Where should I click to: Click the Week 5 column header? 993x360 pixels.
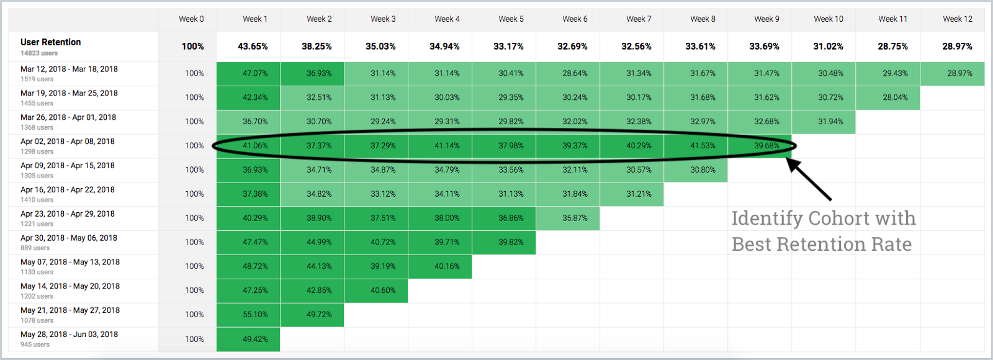(511, 19)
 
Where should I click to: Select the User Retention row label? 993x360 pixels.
(51, 42)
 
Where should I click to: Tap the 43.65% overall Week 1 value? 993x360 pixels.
(253, 47)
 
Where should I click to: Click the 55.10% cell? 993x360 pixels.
(255, 315)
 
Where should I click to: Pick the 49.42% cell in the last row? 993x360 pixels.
(255, 339)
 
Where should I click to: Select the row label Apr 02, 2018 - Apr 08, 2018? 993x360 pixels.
(68, 142)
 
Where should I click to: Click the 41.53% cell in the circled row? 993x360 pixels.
(703, 146)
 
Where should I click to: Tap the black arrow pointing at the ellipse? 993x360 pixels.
(809, 179)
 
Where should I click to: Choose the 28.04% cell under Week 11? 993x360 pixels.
(895, 97)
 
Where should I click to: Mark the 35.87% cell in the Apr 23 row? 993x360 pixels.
(575, 218)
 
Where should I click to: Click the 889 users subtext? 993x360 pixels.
(35, 248)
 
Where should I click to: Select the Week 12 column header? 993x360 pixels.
(958, 19)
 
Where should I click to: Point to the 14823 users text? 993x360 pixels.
(39, 53)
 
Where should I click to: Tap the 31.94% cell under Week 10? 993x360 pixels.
(830, 122)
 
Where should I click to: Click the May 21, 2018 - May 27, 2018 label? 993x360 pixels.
(70, 310)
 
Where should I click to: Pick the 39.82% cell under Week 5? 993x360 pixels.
(511, 242)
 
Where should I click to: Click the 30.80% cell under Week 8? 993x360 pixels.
(703, 169)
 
